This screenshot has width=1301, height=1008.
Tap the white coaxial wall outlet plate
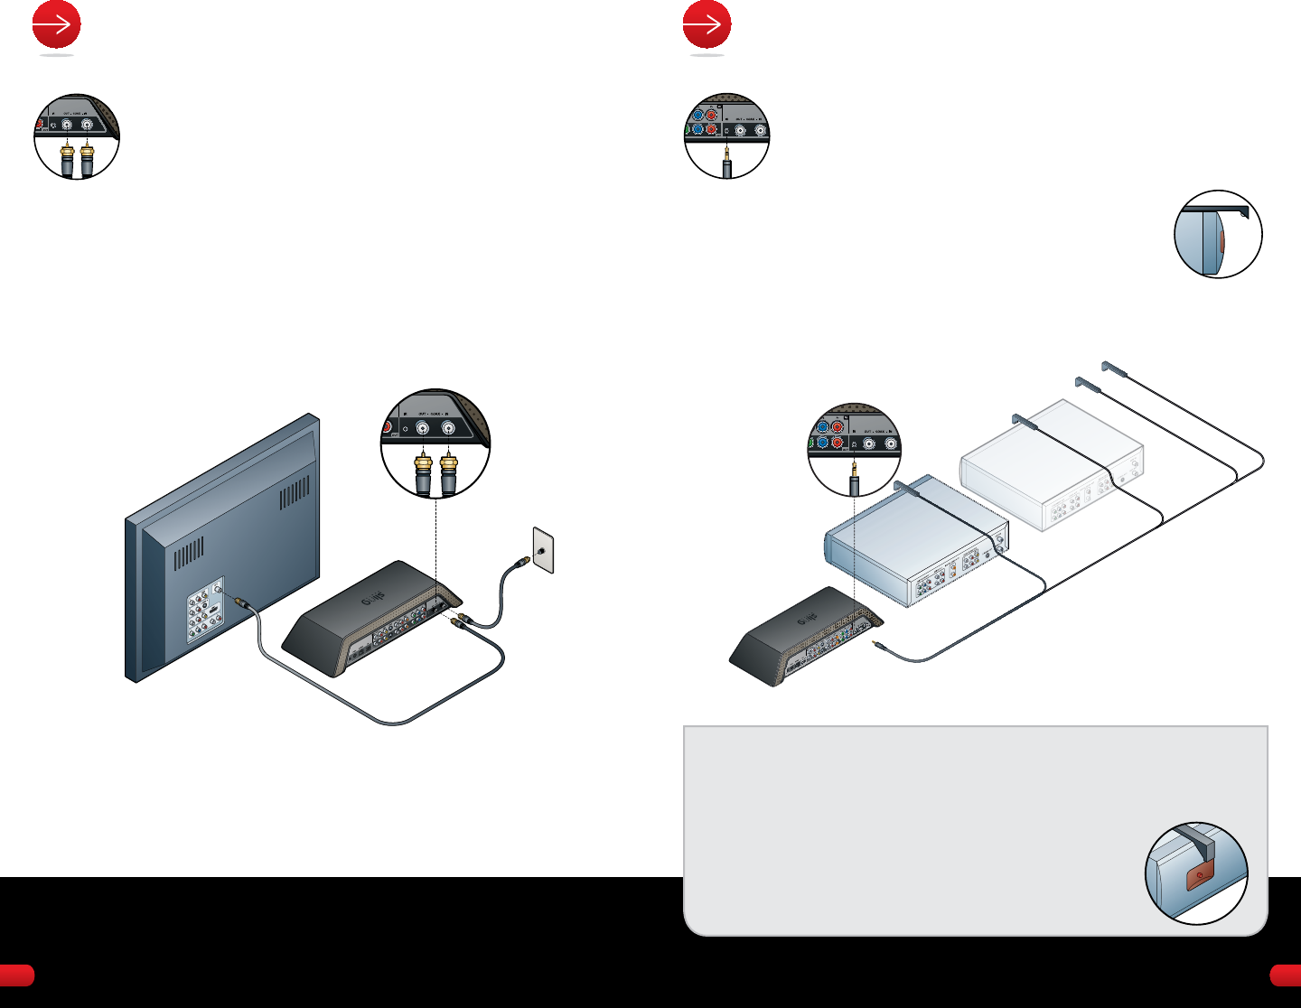point(543,550)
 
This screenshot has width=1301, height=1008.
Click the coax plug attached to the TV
point(241,602)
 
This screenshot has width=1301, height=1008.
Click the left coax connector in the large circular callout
point(422,472)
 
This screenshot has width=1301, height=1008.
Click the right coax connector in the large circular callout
point(449,472)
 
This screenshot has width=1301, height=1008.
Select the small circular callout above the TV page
point(77,135)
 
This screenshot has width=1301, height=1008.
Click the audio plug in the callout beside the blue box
point(854,476)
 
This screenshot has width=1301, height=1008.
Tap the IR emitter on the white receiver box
point(1023,420)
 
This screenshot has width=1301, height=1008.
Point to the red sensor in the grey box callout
point(1198,876)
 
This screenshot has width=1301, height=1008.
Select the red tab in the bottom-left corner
point(16,975)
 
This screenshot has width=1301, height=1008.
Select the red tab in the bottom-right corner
point(1285,975)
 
